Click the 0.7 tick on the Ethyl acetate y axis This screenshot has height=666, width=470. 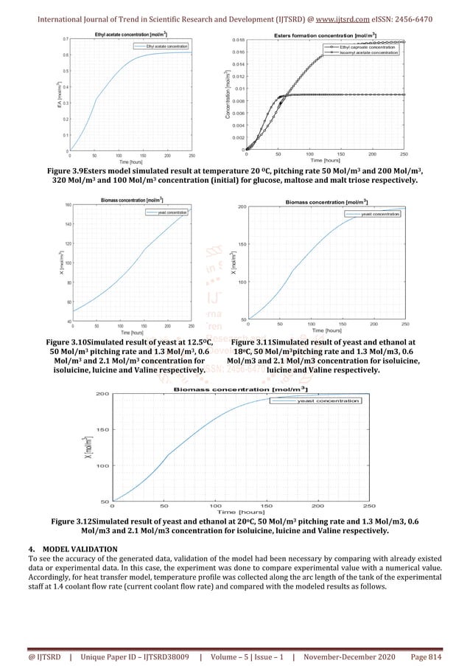click(x=66, y=38)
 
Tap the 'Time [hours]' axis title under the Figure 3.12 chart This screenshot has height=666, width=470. click(x=241, y=511)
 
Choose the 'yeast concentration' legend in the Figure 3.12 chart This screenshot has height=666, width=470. click(x=328, y=400)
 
